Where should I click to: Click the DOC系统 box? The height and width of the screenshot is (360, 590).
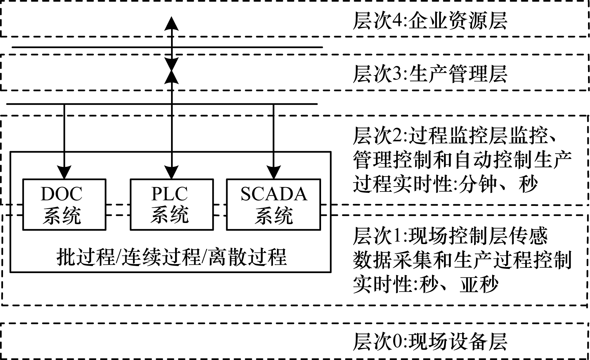[64, 205]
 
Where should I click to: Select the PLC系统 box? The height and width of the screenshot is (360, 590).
[171, 205]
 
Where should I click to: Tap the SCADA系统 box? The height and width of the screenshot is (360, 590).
[273, 205]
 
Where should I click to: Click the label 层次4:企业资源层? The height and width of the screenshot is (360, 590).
[430, 21]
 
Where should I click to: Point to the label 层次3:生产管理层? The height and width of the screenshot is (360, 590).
[430, 74]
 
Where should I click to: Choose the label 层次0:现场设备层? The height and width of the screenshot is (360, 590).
[430, 341]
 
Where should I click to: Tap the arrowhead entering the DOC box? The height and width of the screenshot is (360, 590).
[64, 172]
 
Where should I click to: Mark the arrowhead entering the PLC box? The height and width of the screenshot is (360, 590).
[172, 172]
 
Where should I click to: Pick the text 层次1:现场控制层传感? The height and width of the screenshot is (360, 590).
[450, 236]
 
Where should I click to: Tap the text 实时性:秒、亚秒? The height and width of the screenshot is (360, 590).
[425, 285]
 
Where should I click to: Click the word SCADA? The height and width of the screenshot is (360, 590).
[274, 194]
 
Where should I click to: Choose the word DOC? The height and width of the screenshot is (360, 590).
[61, 194]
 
